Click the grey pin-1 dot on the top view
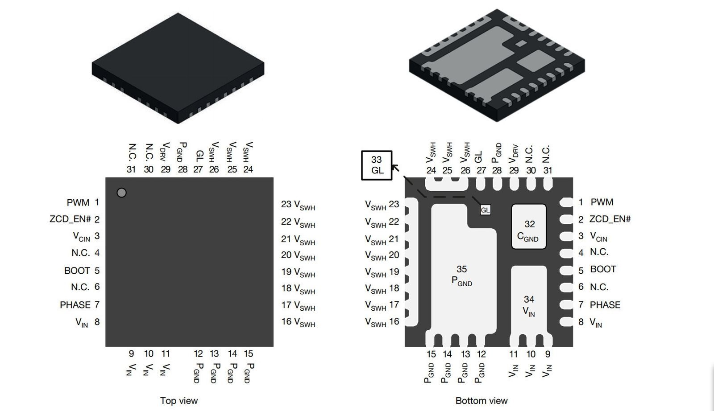coord(121,193)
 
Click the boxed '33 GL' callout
coord(377,165)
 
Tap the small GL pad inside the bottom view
coord(485,210)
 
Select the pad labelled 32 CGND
coord(529,227)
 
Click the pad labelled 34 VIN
coord(529,303)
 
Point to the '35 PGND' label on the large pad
coord(462,275)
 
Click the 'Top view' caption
coord(178,401)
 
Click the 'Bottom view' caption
coord(482,401)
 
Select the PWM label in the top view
coord(78,202)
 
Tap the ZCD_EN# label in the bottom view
coord(610,219)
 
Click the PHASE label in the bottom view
coord(605,305)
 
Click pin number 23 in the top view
coord(286,204)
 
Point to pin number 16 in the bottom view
coord(394,321)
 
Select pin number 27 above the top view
coord(198,169)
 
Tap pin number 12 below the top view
coord(198,353)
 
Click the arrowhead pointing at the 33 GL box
coord(394,167)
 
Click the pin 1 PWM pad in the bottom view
coord(566,202)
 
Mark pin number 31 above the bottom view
coord(548,170)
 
